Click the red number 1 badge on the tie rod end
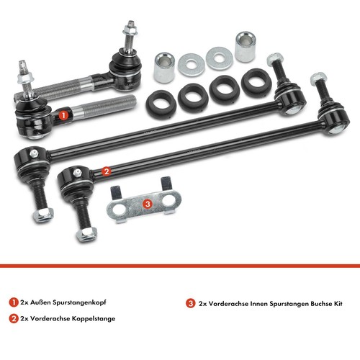coord(63,115)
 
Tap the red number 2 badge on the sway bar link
coord(107,171)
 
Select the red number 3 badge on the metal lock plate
coord(148,204)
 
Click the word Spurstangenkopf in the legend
coord(79,302)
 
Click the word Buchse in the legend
coord(321,304)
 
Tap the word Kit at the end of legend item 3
coord(338,304)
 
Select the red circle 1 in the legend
coord(14,302)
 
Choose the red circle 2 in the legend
coord(14,318)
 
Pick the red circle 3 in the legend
coord(191,303)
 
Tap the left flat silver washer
coord(192,65)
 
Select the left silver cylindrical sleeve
coord(164,68)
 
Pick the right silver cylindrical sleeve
coord(245,47)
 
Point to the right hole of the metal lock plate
coord(168,201)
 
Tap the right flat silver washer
coord(219,58)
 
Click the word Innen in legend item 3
coord(258,304)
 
